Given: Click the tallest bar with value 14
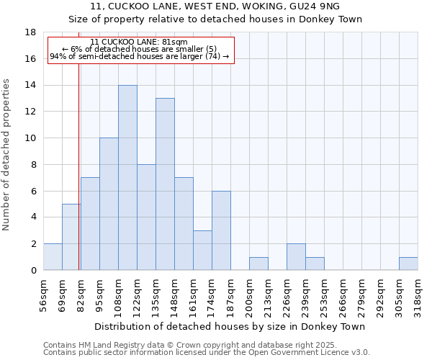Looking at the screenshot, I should [x=127, y=178].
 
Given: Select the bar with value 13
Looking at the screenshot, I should [x=165, y=184].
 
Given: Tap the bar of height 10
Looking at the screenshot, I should [x=109, y=204].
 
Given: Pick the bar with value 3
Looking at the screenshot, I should [x=202, y=251].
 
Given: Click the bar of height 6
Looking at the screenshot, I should [x=221, y=230].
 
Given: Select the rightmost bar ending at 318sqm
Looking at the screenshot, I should [x=408, y=264].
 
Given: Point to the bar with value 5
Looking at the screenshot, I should [x=71, y=237].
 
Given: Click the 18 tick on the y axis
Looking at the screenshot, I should [x=30, y=32].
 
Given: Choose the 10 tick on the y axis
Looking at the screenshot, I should [x=30, y=138].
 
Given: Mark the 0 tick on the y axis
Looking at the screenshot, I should [x=33, y=271].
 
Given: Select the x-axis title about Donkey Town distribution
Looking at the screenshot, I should [x=230, y=326].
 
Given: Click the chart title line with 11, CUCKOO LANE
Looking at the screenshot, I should [x=216, y=7].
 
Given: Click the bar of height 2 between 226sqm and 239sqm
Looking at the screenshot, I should [x=296, y=257].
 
